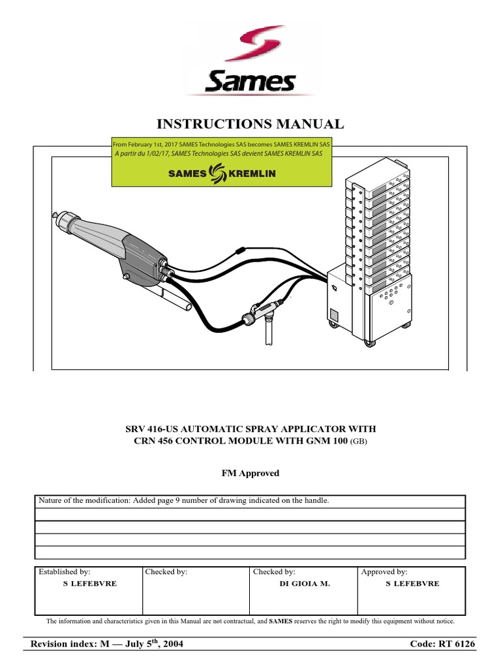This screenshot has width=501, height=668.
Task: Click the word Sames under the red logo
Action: click(x=250, y=82)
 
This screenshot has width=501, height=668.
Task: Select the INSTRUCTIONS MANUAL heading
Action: click(x=250, y=124)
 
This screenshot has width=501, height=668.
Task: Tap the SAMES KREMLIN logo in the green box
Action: click(x=222, y=174)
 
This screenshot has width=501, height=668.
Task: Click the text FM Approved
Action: click(x=250, y=473)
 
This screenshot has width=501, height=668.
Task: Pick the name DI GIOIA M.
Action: click(x=305, y=584)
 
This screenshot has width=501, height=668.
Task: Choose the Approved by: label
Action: click(x=384, y=571)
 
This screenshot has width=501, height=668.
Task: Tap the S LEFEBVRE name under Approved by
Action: click(x=412, y=584)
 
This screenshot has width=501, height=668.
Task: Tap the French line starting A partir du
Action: click(x=219, y=154)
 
